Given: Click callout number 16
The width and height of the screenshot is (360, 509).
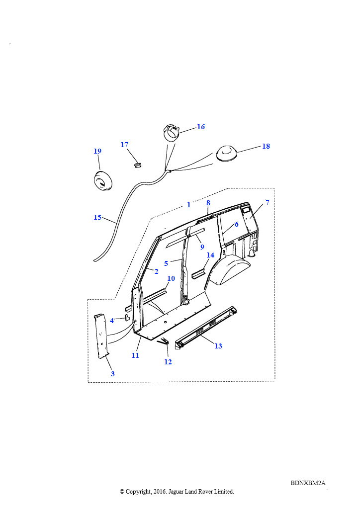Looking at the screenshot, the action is click(x=201, y=127).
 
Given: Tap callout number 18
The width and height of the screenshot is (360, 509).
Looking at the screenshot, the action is click(x=266, y=146).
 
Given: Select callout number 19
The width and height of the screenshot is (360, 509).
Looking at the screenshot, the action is click(x=97, y=151).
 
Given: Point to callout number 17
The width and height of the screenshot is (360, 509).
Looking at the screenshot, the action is click(x=124, y=145).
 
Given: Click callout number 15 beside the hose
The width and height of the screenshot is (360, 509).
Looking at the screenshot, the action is click(x=97, y=218).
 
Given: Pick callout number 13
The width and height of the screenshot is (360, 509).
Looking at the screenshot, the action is click(x=218, y=346).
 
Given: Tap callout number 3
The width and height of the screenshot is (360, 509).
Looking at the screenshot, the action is click(x=113, y=374).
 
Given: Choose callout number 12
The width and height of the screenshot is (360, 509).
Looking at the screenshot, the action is click(x=168, y=362).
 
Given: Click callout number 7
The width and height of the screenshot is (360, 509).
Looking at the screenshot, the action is click(x=268, y=202).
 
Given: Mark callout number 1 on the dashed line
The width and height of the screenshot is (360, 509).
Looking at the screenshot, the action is click(x=188, y=205).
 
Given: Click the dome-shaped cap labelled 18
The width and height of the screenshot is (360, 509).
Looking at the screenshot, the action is click(x=226, y=153).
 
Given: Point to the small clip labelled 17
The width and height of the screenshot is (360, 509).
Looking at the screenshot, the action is click(x=138, y=164).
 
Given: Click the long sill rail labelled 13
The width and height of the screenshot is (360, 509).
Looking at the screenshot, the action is click(x=206, y=328).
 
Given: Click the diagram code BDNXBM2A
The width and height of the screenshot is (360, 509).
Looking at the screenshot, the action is click(x=308, y=483).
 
